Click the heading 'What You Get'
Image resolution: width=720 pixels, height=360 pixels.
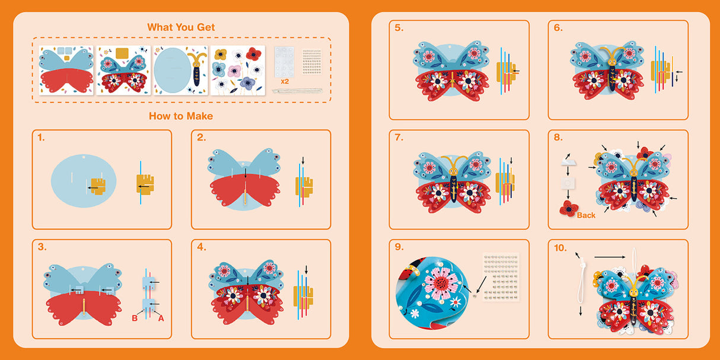click(x=181, y=27)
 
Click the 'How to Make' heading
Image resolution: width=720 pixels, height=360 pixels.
click(x=181, y=116)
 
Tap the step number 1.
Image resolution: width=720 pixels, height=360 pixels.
click(x=41, y=138)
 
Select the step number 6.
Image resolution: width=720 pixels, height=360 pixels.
click(x=558, y=28)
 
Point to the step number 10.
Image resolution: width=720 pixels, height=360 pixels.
click(x=560, y=248)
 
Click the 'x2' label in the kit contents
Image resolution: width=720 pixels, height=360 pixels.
click(x=285, y=82)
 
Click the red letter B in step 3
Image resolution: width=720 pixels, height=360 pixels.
click(x=135, y=318)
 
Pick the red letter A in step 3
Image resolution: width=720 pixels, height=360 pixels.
click(x=161, y=318)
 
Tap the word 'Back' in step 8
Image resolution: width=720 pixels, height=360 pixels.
click(x=586, y=215)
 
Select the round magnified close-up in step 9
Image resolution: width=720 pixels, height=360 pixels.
click(x=432, y=292)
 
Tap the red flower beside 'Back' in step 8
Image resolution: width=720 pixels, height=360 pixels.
click(x=569, y=209)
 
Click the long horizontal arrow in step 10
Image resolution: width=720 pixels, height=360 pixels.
click(x=610, y=257)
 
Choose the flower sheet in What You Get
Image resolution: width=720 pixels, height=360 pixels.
click(x=238, y=71)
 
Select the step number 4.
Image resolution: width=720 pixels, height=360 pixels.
click(x=202, y=247)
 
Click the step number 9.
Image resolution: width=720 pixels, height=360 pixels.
click(x=399, y=247)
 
